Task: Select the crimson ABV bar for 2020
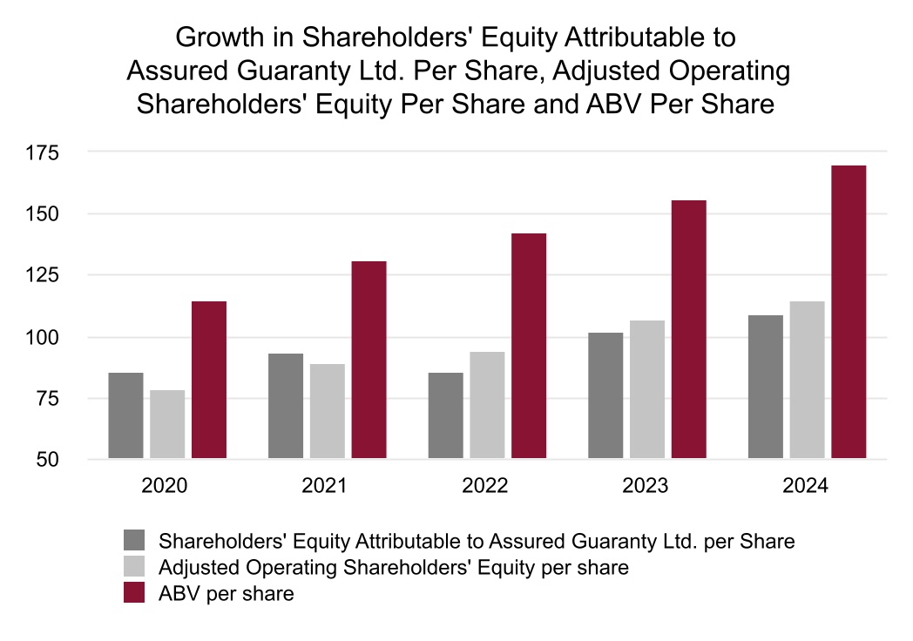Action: (209, 380)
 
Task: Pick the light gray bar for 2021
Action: (327, 411)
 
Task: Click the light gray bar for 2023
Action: (647, 389)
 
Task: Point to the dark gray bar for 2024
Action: (765, 387)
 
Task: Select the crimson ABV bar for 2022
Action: (529, 346)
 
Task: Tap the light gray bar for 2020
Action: (167, 424)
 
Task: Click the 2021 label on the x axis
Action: (324, 486)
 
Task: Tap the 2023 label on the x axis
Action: (644, 486)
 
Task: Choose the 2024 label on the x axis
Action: (804, 486)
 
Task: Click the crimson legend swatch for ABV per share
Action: (137, 594)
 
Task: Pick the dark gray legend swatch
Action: (137, 541)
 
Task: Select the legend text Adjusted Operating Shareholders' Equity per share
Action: (393, 568)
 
